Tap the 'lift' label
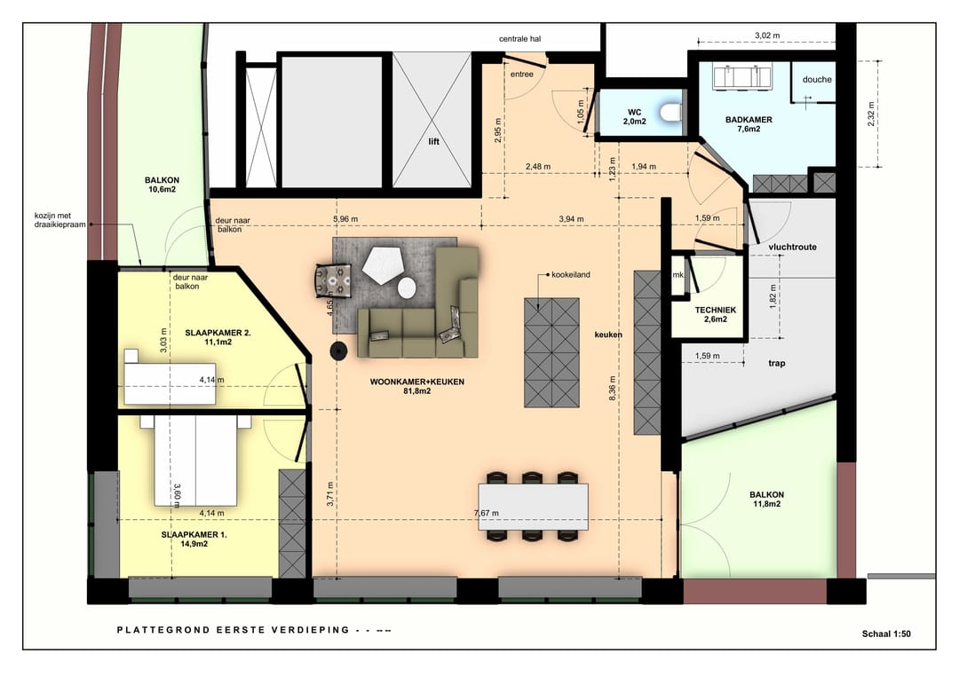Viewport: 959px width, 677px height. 433,142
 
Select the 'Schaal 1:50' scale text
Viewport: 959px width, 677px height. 886,634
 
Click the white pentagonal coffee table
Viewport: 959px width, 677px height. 382,264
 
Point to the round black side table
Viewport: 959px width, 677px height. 339,350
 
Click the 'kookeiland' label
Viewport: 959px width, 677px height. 571,275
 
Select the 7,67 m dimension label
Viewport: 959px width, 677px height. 487,513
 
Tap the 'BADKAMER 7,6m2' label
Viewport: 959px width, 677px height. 749,124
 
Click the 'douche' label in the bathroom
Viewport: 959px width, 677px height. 817,80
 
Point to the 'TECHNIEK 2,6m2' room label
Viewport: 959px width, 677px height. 716,315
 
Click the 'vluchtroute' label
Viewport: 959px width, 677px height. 793,247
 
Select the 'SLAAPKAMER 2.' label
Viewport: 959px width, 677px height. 218,333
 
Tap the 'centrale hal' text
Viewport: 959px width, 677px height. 519,39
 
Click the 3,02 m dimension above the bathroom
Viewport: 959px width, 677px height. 767,35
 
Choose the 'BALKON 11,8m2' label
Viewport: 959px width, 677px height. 767,500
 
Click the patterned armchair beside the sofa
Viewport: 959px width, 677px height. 333,281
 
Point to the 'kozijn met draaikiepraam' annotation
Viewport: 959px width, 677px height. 60,220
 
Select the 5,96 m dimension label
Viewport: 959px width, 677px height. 345,219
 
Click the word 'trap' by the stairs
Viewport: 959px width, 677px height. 777,364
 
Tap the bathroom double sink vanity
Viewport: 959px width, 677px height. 742,77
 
